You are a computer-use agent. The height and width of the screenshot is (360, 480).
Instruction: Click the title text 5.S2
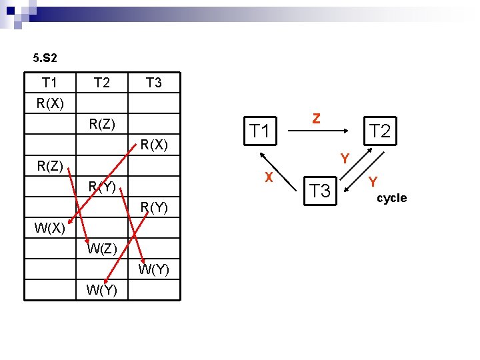point(45,59)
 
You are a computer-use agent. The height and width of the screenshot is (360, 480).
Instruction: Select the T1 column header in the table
point(49,83)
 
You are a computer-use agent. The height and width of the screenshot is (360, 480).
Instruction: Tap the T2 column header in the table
point(101,83)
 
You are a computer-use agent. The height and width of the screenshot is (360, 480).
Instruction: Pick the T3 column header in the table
point(153,83)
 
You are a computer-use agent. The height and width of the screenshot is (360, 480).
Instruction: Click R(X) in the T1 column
point(50,103)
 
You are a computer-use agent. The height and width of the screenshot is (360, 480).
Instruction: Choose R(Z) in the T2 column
point(102,124)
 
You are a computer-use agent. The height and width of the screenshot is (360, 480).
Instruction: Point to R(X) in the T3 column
point(154,145)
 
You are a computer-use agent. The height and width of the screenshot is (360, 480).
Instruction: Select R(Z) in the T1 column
point(50,165)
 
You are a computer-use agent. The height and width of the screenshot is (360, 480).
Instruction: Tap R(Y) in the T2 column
point(102,187)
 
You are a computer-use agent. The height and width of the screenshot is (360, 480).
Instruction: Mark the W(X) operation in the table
point(50,228)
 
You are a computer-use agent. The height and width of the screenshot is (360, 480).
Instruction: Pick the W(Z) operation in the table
point(102,249)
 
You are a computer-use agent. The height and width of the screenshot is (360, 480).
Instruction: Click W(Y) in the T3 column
point(154,269)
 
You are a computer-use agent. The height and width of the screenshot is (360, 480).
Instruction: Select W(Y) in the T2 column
point(102,290)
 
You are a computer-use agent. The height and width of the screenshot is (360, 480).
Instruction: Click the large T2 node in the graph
point(380,131)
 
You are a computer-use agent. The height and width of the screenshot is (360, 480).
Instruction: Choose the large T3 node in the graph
point(320,191)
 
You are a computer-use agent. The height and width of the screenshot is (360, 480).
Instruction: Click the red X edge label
point(269,178)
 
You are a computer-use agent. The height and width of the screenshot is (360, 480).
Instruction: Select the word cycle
point(391,198)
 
